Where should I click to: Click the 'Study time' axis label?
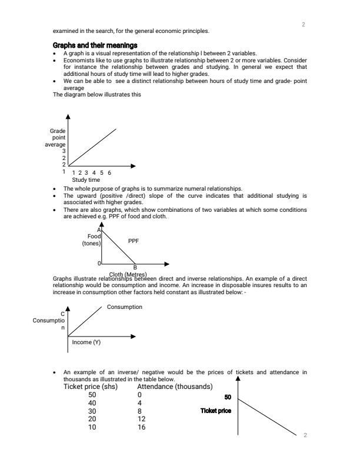[85, 179]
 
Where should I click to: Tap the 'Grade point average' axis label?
[56, 138]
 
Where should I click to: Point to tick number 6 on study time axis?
[109, 173]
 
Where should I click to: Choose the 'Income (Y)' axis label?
[86, 342]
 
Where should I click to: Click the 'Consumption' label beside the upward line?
[125, 307]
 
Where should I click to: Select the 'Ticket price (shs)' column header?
[91, 387]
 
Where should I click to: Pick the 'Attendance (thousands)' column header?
[174, 387]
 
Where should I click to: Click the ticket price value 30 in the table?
[92, 411]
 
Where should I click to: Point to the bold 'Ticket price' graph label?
[215, 411]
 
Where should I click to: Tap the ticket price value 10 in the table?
[92, 428]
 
